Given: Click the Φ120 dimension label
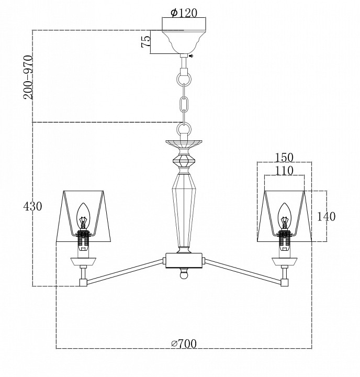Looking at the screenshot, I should pyautogui.click(x=184, y=13).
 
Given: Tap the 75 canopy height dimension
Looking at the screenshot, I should pyautogui.click(x=147, y=41).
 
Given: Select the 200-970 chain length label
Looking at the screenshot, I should pyautogui.click(x=27, y=77).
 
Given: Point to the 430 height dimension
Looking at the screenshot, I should pyautogui.click(x=32, y=206).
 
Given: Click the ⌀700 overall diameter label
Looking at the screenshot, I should pyautogui.click(x=184, y=343).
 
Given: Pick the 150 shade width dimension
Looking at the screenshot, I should pyautogui.click(x=284, y=157).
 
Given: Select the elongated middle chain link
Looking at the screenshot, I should pyautogui.click(x=184, y=105).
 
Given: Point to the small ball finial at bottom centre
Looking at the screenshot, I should pyautogui.click(x=184, y=274).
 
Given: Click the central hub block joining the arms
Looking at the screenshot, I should pyautogui.click(x=184, y=260).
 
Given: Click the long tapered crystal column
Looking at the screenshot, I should pyautogui.click(x=184, y=209).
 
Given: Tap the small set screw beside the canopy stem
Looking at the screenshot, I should pyautogui.click(x=192, y=57).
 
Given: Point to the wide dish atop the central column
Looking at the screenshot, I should pyautogui.click(x=184, y=142).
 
